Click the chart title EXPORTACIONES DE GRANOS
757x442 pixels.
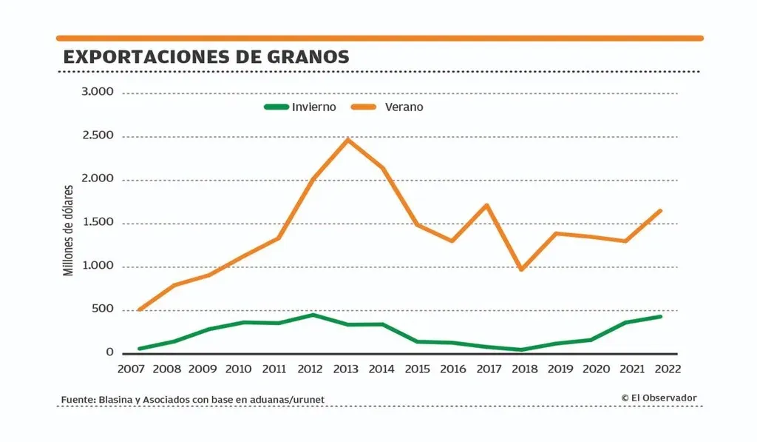coord(206,57)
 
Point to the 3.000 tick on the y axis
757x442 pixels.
coord(97,92)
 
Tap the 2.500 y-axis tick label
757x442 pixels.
coord(97,135)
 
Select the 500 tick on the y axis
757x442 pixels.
coord(102,309)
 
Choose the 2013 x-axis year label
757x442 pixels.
coord(346,368)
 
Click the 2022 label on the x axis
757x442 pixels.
coord(663,368)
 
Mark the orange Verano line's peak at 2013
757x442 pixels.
coord(347,139)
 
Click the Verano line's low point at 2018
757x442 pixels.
coord(522,269)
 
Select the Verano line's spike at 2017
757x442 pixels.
coord(486,205)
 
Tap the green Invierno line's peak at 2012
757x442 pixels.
coord(313,315)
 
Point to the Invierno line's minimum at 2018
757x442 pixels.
coord(522,349)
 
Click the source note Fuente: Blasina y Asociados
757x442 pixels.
coord(193,400)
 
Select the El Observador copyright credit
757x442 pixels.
coord(659,398)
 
